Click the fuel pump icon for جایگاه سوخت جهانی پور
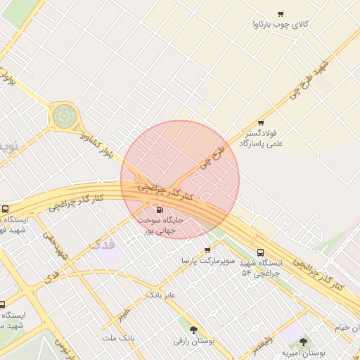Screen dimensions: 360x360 160,210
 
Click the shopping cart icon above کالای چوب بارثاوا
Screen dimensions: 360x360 281,13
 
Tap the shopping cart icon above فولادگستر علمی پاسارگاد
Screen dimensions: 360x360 261,122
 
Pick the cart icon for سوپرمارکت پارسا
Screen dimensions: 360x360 207,250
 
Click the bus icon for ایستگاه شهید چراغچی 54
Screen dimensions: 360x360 261,252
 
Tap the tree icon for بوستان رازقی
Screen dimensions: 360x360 193,329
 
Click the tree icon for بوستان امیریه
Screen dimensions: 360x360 303,342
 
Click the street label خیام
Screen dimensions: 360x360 342,328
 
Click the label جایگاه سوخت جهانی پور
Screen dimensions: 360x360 164,225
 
